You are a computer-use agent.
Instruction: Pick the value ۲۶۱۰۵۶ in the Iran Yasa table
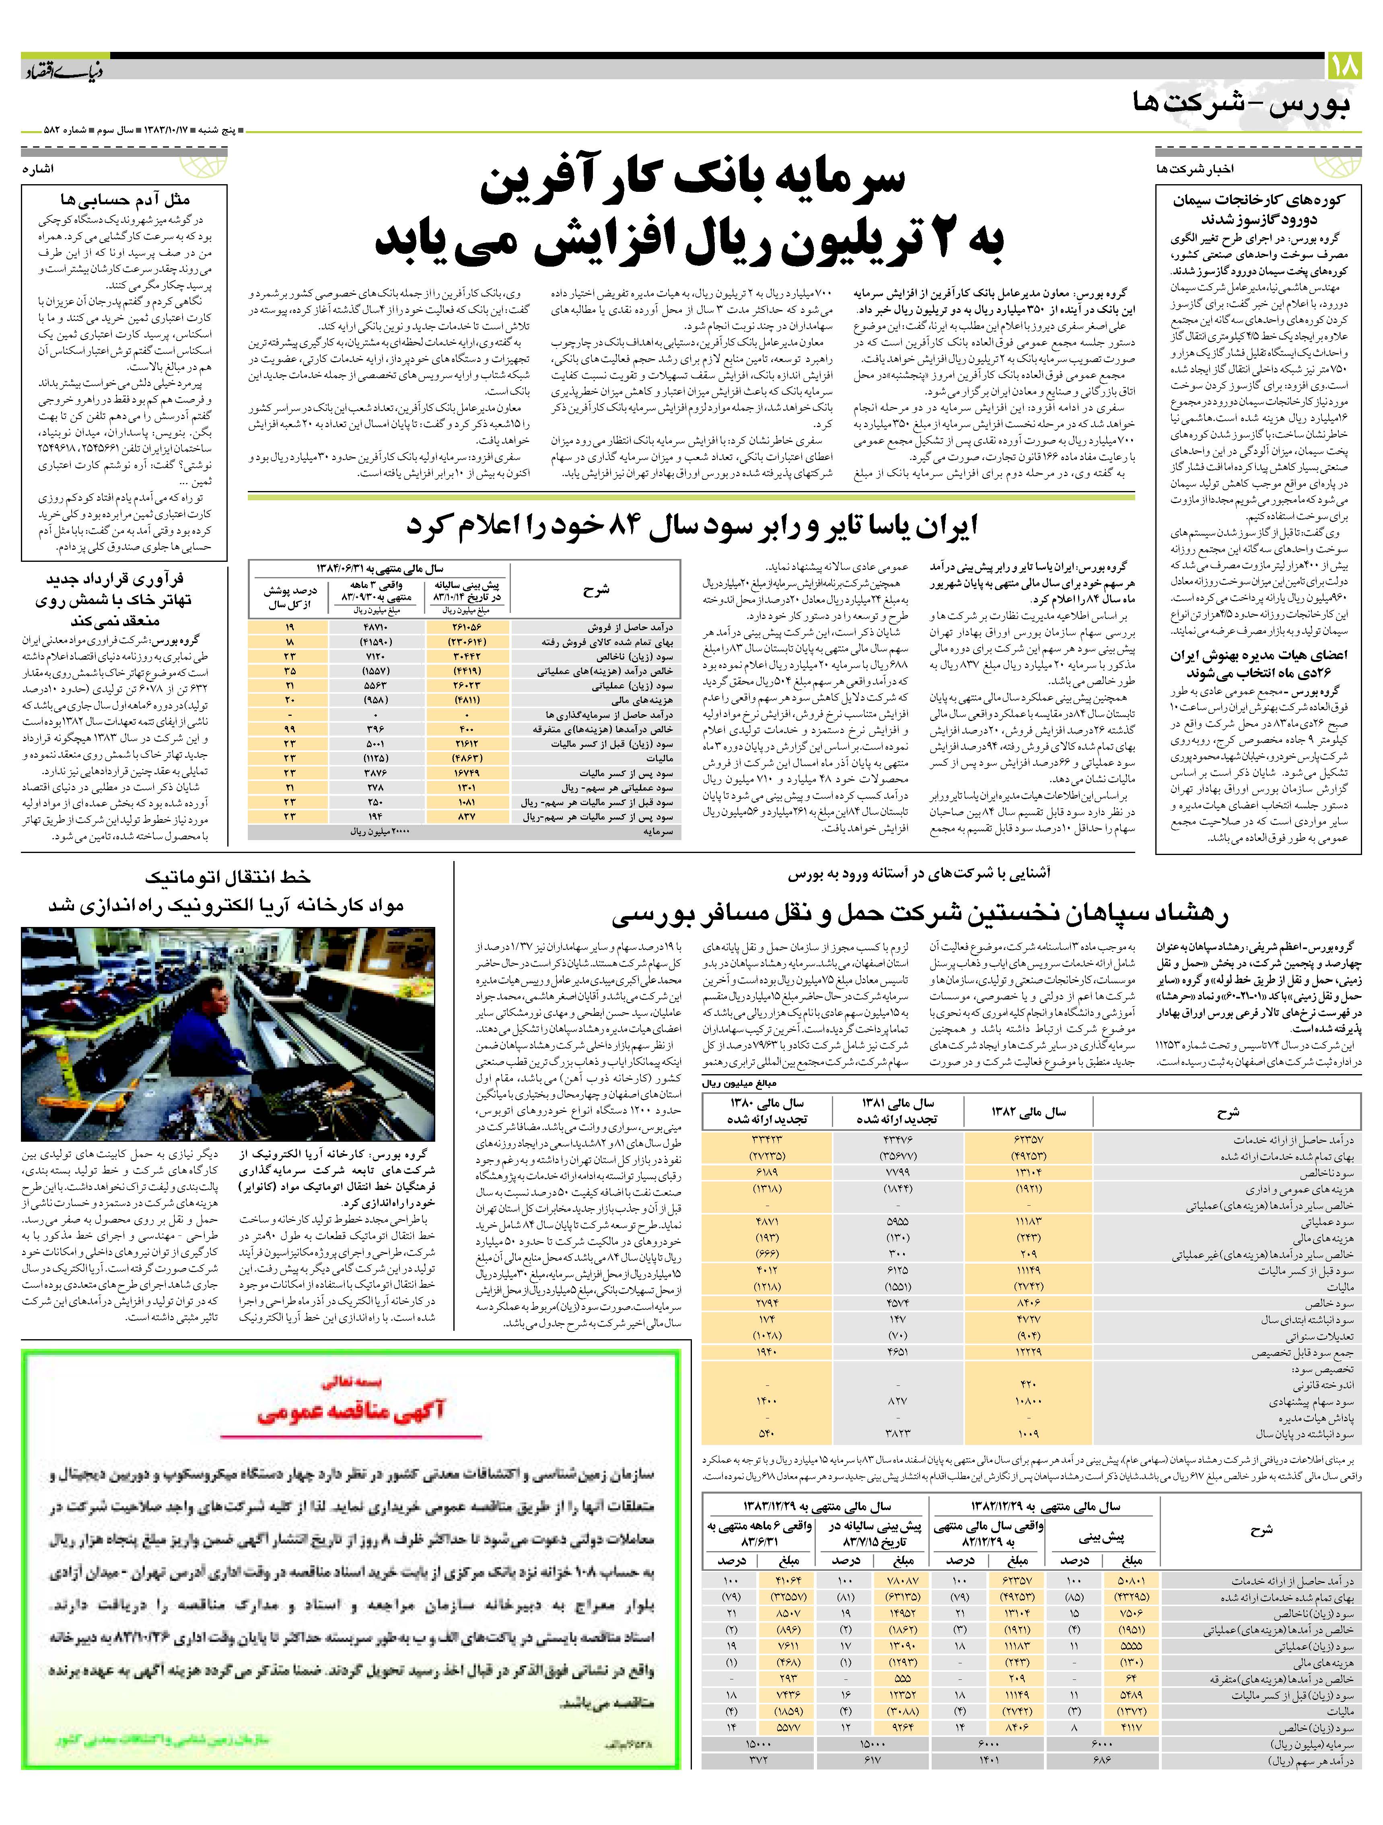coord(465,627)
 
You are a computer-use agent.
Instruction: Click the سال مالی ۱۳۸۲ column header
coord(1028,1112)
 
